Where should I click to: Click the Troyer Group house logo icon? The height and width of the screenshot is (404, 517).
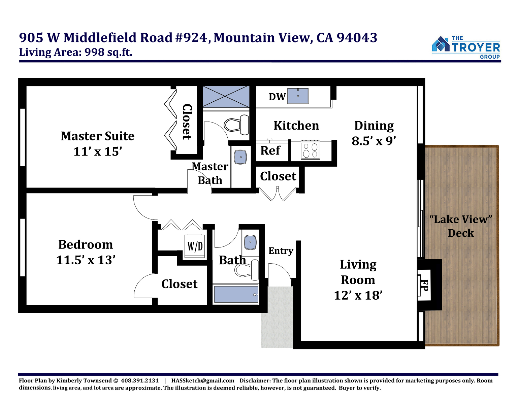441,44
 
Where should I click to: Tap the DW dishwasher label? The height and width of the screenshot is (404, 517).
277,97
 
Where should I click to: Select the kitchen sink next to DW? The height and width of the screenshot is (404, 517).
298,96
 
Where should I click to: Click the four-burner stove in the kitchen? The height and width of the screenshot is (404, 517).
310,150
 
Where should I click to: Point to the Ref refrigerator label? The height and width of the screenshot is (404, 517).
270,150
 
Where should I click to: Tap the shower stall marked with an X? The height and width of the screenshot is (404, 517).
226,97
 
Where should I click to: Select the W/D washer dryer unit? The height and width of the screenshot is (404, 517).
195,246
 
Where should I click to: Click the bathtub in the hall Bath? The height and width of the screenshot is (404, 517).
236,294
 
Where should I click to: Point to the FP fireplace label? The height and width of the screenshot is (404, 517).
424,285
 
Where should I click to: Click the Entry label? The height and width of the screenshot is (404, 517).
281,251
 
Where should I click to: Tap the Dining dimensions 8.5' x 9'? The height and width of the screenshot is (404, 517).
374,141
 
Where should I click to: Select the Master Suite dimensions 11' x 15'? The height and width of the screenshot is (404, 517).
98,151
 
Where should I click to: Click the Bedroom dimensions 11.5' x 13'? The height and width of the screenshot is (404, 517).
86,260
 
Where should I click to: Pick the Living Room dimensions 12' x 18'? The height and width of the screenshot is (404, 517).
358,295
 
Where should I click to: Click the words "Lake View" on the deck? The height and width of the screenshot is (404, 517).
461,219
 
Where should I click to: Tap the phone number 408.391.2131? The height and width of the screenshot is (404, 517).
140,380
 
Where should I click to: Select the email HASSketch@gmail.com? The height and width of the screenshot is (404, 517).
203,380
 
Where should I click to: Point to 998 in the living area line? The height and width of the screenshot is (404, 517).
94,52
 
